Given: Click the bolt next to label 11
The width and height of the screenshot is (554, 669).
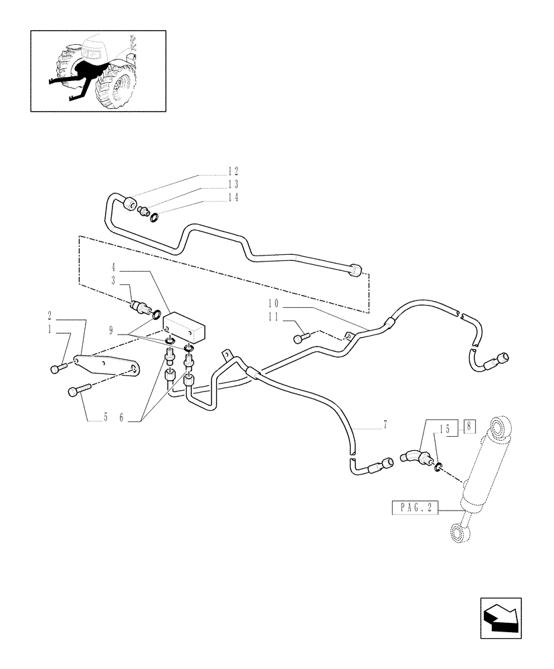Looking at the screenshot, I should coord(302,337).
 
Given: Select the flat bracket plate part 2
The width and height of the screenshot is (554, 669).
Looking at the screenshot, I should coord(107,365).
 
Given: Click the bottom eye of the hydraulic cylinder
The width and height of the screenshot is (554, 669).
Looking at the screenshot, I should coord(456,533).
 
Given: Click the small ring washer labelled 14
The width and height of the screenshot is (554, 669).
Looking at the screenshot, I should coord(155,217).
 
